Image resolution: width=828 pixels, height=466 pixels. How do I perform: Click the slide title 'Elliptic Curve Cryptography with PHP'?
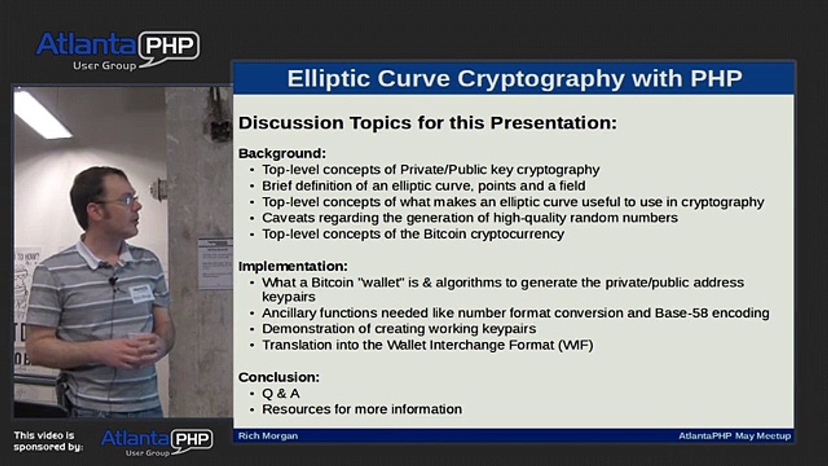coord(514,79)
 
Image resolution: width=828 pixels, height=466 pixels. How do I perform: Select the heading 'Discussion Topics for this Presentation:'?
coord(428,123)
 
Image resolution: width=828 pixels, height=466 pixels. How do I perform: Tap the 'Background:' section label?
coord(282,153)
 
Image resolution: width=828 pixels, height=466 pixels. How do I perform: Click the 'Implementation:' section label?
coord(292,266)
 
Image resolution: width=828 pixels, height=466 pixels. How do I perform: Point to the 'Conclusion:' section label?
coord(279,377)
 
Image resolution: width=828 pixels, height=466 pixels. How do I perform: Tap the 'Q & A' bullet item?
coord(281,393)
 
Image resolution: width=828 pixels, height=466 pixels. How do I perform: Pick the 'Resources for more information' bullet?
coord(362,409)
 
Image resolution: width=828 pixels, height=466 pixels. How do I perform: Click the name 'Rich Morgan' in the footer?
coord(268,436)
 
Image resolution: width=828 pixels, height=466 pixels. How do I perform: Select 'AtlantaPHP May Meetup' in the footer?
coord(734,436)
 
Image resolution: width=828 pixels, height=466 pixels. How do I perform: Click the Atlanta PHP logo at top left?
coord(117,49)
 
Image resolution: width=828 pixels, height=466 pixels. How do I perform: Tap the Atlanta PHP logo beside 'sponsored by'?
coord(157,442)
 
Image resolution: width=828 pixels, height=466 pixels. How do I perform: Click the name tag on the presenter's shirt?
coord(141,293)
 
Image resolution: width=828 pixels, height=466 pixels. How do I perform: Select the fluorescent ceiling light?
coord(41,114)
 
